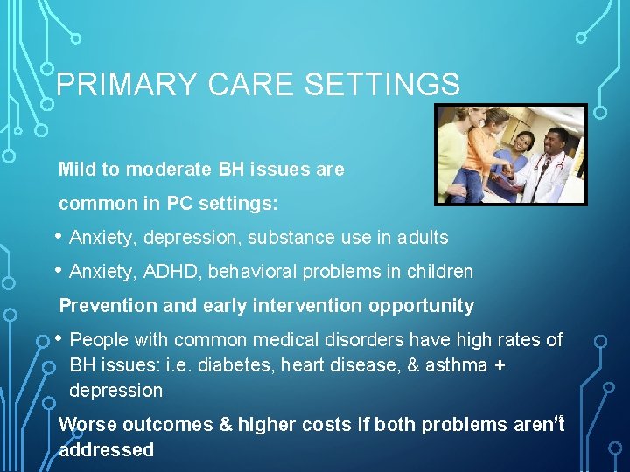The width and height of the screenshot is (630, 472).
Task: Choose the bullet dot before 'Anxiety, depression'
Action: (58, 237)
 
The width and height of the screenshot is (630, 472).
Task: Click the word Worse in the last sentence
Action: (87, 425)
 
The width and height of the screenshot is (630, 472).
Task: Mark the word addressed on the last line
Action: (106, 450)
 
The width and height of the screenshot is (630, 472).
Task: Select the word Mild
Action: (75, 170)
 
